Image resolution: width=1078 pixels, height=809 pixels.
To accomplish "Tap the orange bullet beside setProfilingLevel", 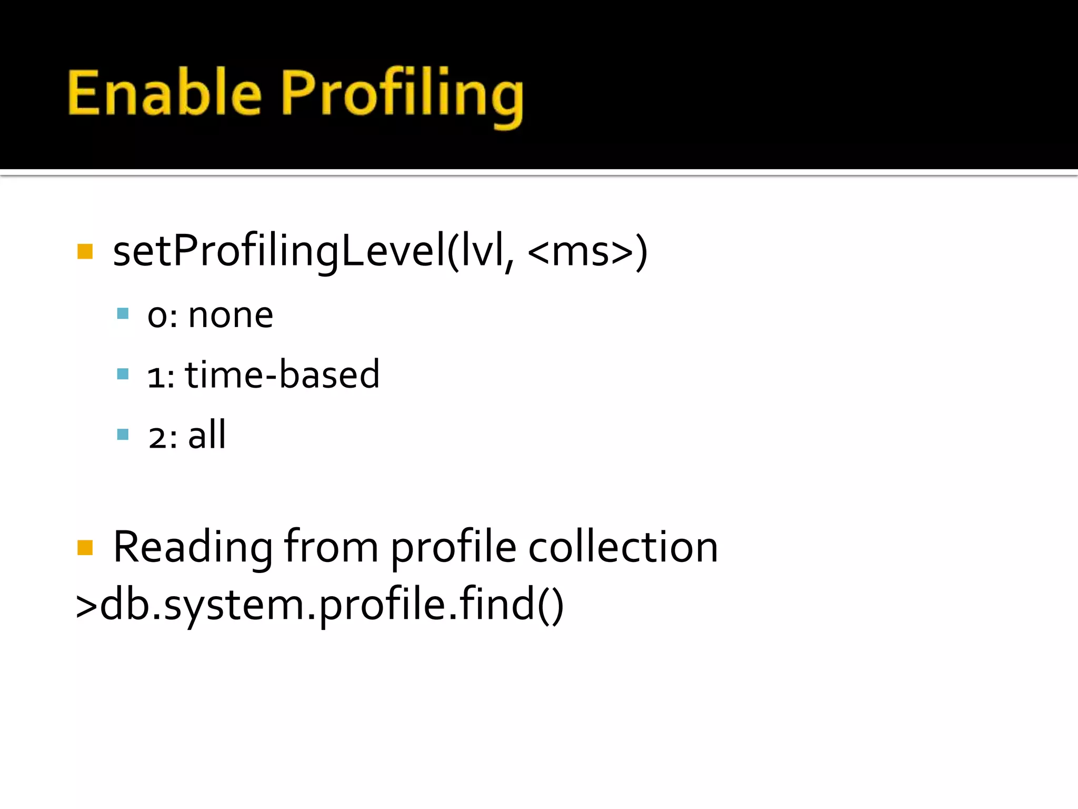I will click(85, 251).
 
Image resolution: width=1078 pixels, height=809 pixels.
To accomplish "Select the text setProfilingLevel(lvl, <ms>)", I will click(380, 251).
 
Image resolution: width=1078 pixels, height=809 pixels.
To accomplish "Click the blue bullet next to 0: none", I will click(123, 314).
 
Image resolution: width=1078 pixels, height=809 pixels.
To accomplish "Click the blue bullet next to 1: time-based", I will click(123, 374).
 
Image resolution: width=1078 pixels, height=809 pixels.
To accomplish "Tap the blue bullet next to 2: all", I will click(123, 435).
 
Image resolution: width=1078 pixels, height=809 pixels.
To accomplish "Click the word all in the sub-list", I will click(207, 435).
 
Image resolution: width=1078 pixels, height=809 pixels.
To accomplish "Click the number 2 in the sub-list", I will click(157, 437).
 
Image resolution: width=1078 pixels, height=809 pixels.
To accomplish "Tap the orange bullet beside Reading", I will click(85, 548).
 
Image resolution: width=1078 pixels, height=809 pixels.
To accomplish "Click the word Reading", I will click(193, 548).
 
